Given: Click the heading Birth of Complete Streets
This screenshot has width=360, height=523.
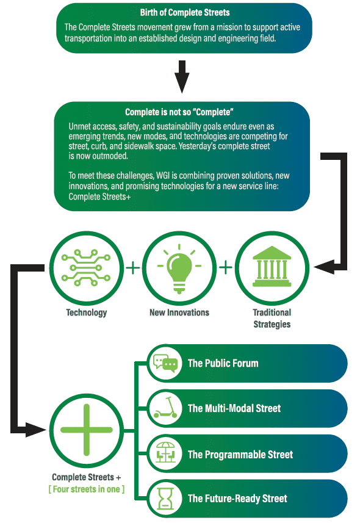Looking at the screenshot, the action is pos(185,13).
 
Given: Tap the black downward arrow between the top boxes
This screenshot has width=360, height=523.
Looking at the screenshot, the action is pos(182,76).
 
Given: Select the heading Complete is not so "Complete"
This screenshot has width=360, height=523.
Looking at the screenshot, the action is pos(179,112).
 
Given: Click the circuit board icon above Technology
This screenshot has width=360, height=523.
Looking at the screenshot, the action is pos(86,267).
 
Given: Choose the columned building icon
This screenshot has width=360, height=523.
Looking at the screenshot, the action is pos(272,267).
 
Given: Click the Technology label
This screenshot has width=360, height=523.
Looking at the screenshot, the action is pos(87,312).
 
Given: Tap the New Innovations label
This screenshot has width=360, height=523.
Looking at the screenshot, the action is pos(179,312).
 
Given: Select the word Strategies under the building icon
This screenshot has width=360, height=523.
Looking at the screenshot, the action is pos(272,324).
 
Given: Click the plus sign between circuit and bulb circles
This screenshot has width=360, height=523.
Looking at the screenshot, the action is pos(133,267).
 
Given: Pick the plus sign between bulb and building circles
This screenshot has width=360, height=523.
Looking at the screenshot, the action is pos(226,267).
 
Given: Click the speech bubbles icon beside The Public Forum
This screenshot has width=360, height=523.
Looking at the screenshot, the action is pos(165,363).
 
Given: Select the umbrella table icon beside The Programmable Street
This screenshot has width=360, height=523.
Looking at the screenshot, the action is pos(165,453).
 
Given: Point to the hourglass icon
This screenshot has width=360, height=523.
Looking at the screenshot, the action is pos(165,499).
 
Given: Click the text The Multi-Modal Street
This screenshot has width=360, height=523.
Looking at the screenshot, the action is pos(234,408).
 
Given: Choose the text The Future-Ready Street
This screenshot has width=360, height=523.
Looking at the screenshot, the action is pos(237,499).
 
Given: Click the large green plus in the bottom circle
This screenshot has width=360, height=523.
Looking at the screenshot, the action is pos(87,430).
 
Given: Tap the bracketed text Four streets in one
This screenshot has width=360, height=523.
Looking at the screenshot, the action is pos(87,489).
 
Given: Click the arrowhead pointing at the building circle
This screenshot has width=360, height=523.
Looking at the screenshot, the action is pos(324,267).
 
